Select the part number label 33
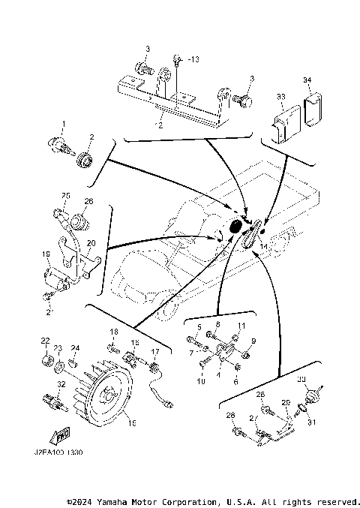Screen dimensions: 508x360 pyautogui.click(x=281, y=97)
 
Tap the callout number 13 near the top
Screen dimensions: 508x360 pyautogui.click(x=193, y=58)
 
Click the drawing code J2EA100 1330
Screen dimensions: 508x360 pyautogui.click(x=58, y=454)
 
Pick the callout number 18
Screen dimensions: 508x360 pyautogui.click(x=115, y=331)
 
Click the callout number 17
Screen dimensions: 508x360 pyautogui.click(x=155, y=351)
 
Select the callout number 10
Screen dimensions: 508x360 pyautogui.click(x=200, y=381)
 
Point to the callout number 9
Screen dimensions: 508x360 pyautogui.click(x=253, y=341)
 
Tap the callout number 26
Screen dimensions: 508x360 pyautogui.click(x=88, y=202)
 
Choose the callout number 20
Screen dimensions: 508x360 pyautogui.click(x=91, y=243)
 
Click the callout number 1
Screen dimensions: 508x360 pyautogui.click(x=64, y=123)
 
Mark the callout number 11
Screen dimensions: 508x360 pyautogui.click(x=241, y=325)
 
